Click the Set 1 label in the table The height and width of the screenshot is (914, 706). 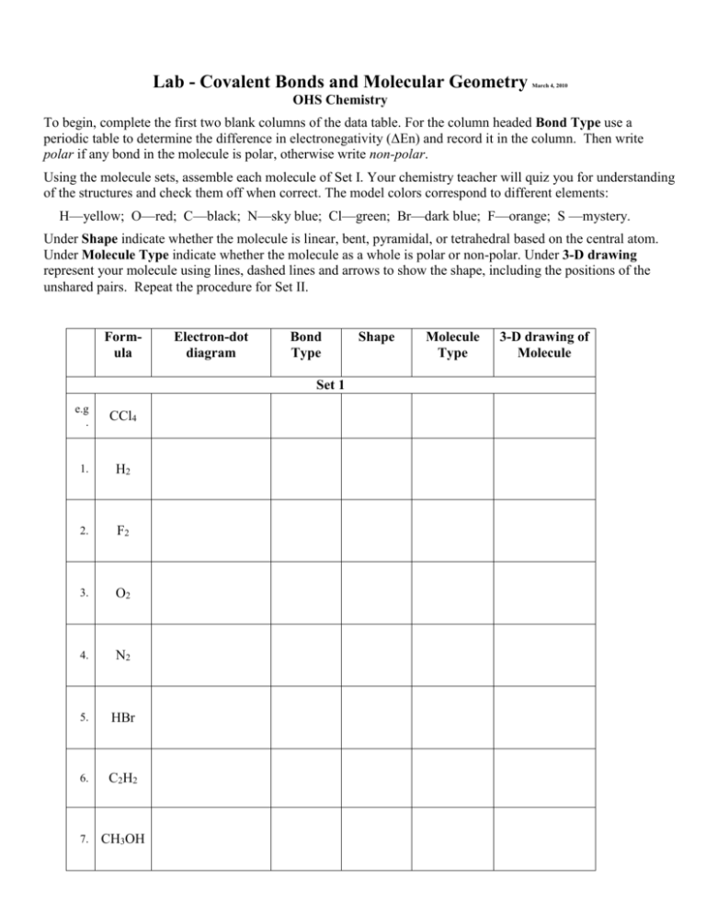[x=352, y=382]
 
